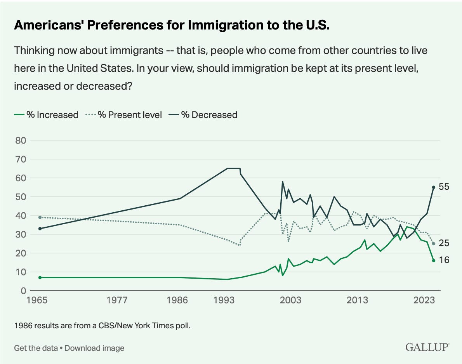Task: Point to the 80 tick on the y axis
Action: (20, 140)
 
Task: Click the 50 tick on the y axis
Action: (20, 197)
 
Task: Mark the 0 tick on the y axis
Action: (23, 291)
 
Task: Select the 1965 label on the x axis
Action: (40, 300)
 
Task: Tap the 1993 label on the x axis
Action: (227, 300)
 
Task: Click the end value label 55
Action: (444, 187)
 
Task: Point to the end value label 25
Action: (444, 243)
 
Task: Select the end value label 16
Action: (444, 260)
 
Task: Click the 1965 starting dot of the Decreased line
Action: (40, 229)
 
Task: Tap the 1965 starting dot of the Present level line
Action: (40, 217)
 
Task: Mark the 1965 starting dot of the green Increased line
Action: (40, 277)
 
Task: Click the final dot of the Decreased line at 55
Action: (433, 187)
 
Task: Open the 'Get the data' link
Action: (36, 348)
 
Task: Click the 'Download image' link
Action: (94, 348)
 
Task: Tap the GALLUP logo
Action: (427, 347)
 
